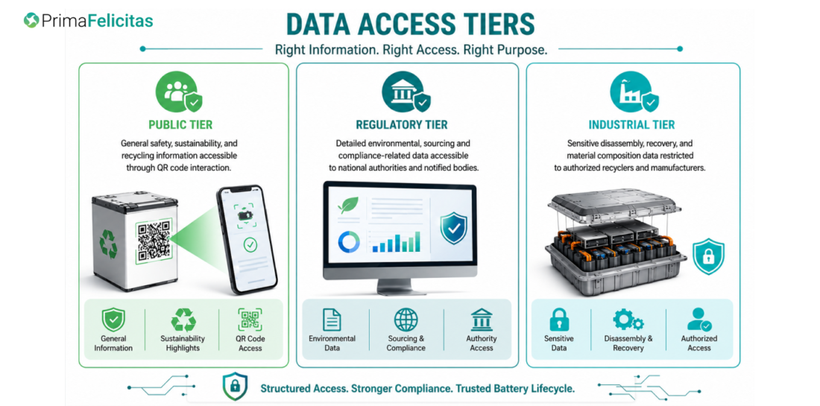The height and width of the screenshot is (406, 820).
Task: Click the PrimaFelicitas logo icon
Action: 31,20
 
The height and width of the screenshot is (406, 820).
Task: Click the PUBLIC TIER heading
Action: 180,125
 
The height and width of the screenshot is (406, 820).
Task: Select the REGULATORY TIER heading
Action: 402,125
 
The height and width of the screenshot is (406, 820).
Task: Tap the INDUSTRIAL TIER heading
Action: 631,125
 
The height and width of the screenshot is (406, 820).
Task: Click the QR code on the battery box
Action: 154,241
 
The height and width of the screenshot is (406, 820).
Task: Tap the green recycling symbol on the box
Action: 108,244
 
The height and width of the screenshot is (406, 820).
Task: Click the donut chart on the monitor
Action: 349,241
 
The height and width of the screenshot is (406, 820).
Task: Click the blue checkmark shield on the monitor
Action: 453,229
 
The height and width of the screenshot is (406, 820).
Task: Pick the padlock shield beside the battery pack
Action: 709,256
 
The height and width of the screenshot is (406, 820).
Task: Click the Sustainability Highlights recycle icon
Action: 183,320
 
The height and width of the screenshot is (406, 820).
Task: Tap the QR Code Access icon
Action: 250,320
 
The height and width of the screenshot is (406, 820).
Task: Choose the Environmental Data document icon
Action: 332,320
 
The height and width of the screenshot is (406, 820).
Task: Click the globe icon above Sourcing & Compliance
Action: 406,320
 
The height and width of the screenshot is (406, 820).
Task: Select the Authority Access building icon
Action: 481,320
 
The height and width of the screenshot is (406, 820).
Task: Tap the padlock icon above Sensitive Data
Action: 559,320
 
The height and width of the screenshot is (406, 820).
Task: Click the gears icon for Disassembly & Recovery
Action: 628,320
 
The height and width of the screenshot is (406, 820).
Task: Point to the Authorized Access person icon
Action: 699,320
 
